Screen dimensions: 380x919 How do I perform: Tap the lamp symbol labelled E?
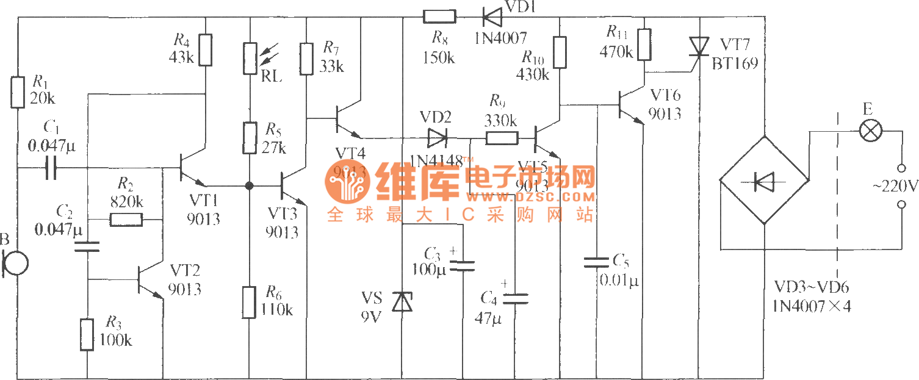(867, 131)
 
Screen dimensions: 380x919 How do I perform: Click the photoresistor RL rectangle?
(250, 59)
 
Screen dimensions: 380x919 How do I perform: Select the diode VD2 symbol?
(437, 138)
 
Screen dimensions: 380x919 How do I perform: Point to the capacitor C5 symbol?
(597, 262)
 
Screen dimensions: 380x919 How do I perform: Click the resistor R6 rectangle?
(250, 302)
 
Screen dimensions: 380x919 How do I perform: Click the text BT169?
(735, 63)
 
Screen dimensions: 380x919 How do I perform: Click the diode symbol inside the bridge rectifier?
(763, 181)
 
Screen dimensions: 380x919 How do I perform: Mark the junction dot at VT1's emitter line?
(249, 185)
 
